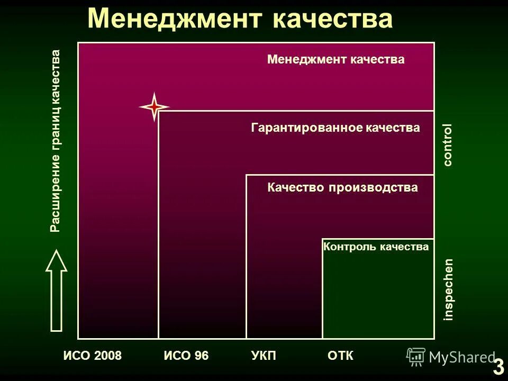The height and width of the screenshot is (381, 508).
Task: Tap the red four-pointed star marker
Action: [154, 107]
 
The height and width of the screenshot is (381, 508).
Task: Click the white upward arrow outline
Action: [56, 291]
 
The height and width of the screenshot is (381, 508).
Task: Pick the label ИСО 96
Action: [186, 356]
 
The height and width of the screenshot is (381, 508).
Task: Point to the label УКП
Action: [264, 356]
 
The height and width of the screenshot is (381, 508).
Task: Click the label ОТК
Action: [340, 356]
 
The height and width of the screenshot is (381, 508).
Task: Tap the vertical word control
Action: [448, 145]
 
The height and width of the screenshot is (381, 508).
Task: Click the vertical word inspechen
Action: [448, 289]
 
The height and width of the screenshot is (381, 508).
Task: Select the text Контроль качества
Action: [376, 246]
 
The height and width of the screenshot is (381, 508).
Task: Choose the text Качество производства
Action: [342, 187]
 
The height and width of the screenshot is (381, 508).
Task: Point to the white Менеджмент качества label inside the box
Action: [335, 59]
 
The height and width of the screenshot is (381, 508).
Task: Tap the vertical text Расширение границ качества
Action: [55, 141]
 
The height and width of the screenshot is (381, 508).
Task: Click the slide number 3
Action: [498, 366]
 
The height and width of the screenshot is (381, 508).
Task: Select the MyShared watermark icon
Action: [416, 357]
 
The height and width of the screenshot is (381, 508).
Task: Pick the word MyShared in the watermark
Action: [462, 357]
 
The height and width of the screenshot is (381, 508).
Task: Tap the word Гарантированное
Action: [306, 128]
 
